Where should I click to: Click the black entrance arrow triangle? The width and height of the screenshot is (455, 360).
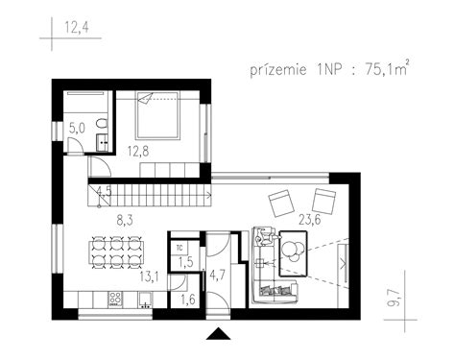pyautogui.click(x=220, y=333)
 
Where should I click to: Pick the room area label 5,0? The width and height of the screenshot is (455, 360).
pyautogui.click(x=77, y=126)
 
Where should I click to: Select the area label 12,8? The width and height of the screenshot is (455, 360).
pyautogui.click(x=140, y=149)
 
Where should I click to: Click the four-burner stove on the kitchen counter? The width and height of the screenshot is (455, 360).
pyautogui.click(x=115, y=297)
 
